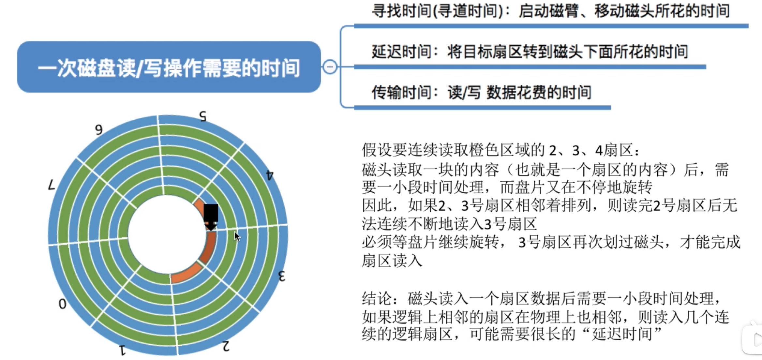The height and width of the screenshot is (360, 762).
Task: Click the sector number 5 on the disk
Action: click(x=203, y=116)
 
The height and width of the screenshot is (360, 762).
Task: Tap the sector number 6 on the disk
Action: click(x=99, y=130)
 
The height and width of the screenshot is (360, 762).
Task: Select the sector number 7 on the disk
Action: click(x=52, y=186)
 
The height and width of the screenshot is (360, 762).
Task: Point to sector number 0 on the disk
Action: click(x=62, y=304)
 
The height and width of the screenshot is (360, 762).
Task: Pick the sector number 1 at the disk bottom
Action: click(x=122, y=350)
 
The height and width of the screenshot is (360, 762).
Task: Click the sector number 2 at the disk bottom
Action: click(x=226, y=346)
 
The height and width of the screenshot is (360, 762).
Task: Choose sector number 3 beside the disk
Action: click(x=282, y=276)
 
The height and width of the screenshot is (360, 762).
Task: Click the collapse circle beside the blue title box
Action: click(x=330, y=67)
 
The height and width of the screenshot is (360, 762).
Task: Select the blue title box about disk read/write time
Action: click(x=169, y=67)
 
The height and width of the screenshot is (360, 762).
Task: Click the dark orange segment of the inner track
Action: click(x=209, y=248)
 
